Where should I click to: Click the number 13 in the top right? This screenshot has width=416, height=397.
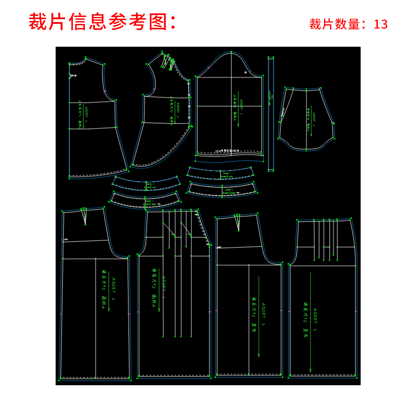[381, 24]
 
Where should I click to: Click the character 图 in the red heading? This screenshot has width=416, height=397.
[158, 22]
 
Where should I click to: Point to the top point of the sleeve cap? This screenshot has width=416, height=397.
[231, 52]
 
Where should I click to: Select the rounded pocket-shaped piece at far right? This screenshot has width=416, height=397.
[306, 119]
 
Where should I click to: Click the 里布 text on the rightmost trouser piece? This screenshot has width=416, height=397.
[305, 332]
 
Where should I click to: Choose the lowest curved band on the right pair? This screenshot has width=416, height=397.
[222, 190]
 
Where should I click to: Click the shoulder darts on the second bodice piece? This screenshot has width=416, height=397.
[168, 62]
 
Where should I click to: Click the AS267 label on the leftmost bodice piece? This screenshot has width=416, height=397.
[86, 112]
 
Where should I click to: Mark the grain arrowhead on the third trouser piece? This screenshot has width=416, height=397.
[259, 355]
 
